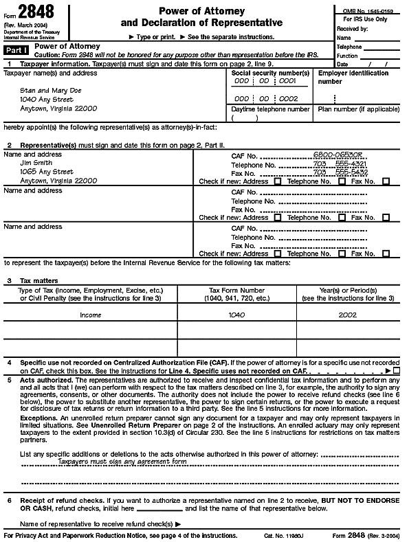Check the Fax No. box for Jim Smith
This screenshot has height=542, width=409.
[x=386, y=181]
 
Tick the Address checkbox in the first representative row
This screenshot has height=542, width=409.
[x=278, y=181]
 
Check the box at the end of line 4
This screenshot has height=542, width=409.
[x=397, y=370]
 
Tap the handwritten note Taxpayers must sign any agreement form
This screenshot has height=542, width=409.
[x=122, y=462]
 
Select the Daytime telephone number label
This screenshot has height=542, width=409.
[x=270, y=109]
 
